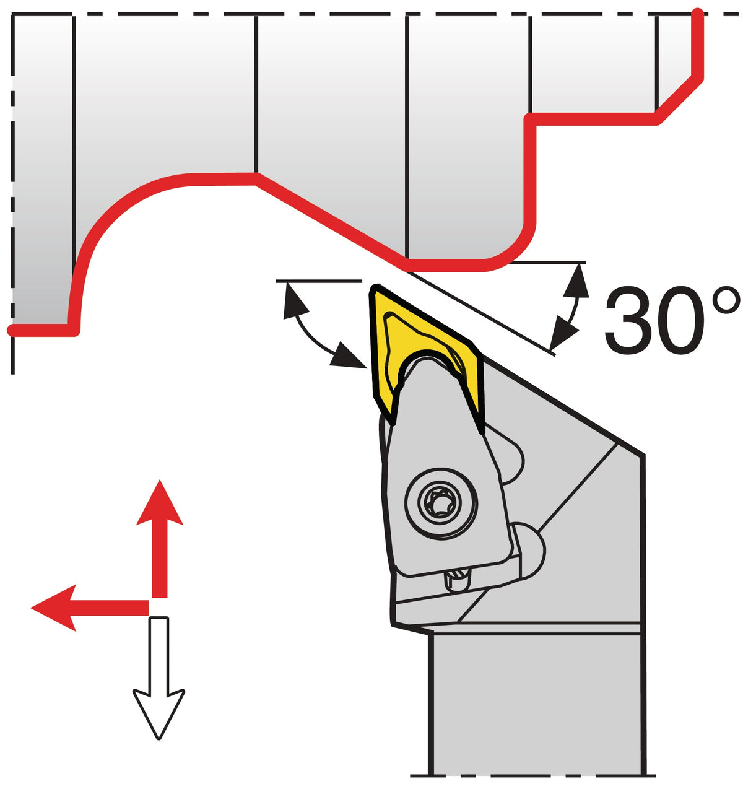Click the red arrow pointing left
pyautogui.click(x=90, y=608)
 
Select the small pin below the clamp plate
pyautogui.click(x=457, y=582)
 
